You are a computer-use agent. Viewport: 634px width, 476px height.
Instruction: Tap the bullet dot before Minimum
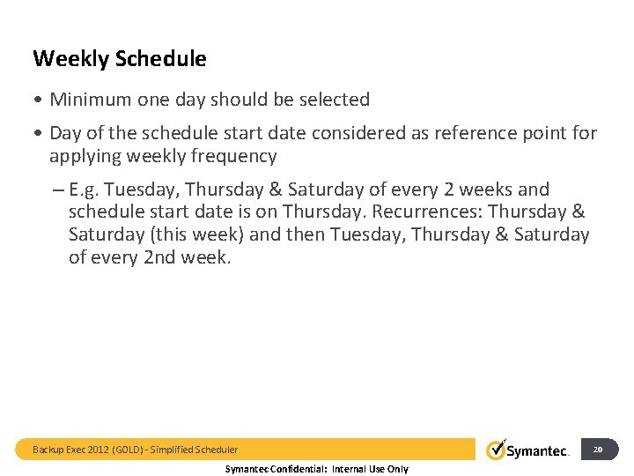point(38,100)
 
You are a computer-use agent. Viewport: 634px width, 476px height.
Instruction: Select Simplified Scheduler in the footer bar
point(194,450)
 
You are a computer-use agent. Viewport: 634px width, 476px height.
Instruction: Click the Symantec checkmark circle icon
point(497,450)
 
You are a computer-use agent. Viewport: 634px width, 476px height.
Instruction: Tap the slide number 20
point(598,450)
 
